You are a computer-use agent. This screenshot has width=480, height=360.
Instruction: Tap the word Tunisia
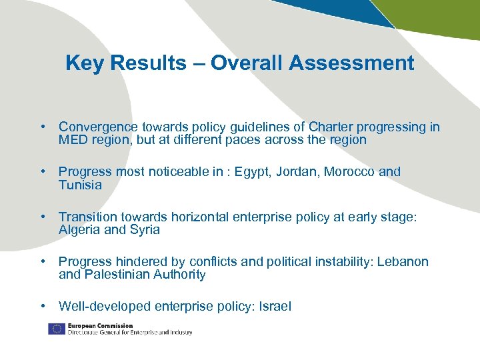click(80, 185)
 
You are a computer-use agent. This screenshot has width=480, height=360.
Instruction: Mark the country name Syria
click(145, 230)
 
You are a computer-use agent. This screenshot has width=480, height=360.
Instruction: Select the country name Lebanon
click(403, 261)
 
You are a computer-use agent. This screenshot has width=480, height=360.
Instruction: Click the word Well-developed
click(105, 307)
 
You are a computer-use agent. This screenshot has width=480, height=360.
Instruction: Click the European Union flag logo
click(56, 329)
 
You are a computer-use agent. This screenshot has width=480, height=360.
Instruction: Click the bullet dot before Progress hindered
click(43, 261)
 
